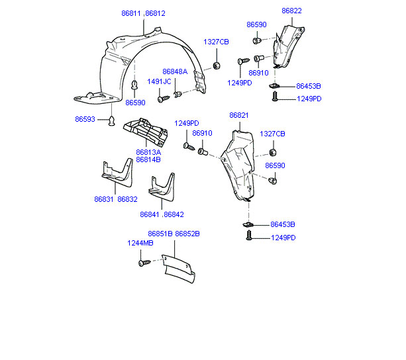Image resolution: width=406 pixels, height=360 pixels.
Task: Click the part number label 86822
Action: (x=291, y=11)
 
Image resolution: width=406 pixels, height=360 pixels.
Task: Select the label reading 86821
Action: (x=239, y=115)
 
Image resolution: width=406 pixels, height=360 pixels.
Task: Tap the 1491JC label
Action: (x=159, y=82)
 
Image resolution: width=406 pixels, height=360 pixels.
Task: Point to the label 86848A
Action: (x=175, y=71)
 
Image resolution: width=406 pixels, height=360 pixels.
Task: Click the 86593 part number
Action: (x=85, y=120)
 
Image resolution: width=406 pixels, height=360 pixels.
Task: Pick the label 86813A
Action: (x=148, y=152)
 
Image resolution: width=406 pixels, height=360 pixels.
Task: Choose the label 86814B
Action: (x=148, y=159)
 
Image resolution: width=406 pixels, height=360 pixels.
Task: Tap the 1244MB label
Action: (x=140, y=243)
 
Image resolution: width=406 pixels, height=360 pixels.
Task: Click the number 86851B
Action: (x=160, y=234)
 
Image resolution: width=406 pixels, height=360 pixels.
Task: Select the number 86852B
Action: (x=187, y=234)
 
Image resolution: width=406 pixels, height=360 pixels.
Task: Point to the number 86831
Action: (x=104, y=199)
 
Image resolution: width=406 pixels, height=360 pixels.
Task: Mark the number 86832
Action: (x=127, y=199)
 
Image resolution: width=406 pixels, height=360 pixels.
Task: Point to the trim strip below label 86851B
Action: (x=179, y=269)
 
